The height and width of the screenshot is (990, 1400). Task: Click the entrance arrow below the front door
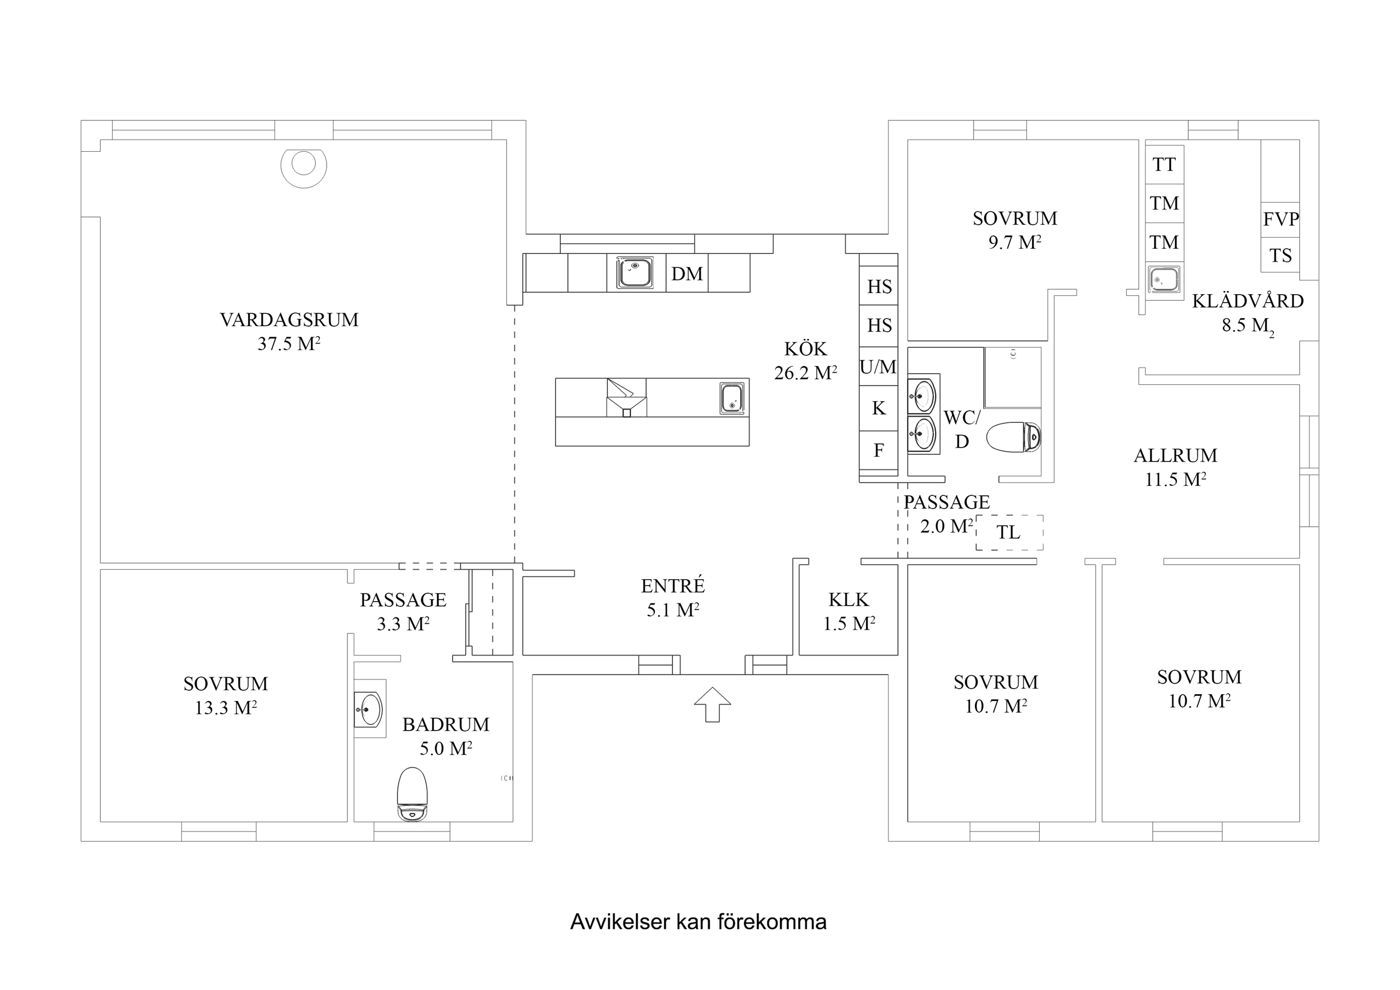(x=712, y=705)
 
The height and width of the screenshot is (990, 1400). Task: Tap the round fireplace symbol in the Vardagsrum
(x=303, y=165)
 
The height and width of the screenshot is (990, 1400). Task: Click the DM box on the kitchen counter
(x=687, y=274)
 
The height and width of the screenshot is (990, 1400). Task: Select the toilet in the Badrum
(x=412, y=794)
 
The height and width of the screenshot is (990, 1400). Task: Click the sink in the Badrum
(x=370, y=709)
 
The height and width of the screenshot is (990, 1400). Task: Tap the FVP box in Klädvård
(x=1280, y=220)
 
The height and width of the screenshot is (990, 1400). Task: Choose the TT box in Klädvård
(x=1164, y=165)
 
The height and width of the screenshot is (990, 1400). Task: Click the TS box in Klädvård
(x=1280, y=255)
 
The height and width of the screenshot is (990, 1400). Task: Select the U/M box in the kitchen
(x=878, y=366)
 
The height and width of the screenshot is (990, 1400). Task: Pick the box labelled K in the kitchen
(x=878, y=408)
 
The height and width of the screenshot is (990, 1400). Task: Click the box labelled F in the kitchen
(x=878, y=450)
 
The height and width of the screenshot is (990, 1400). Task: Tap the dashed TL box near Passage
(x=1009, y=532)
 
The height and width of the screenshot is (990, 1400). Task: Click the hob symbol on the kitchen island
(x=626, y=398)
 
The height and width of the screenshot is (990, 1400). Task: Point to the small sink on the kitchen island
(x=732, y=398)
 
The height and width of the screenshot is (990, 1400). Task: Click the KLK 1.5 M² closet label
(x=849, y=611)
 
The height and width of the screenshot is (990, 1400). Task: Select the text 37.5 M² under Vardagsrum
(x=289, y=344)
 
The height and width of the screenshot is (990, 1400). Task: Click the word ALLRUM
(x=1175, y=456)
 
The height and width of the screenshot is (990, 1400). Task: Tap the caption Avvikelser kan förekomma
(x=698, y=922)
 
